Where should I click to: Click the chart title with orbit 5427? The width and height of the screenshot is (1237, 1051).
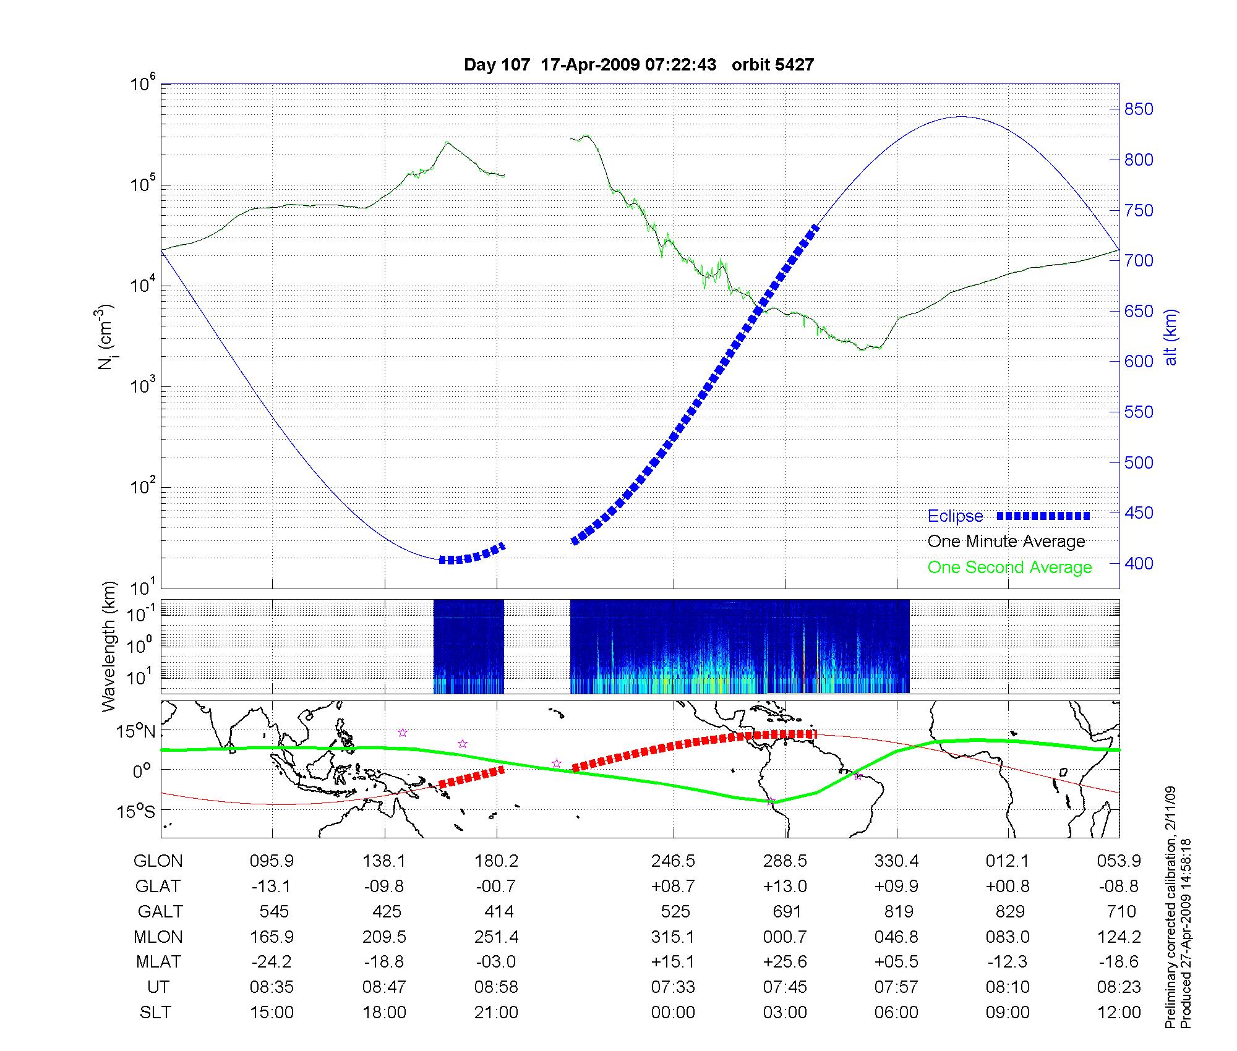pyautogui.click(x=638, y=65)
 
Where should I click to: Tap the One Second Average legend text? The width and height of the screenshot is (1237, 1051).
pyautogui.click(x=1009, y=568)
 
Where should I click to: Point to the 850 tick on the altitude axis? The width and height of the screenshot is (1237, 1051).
pyautogui.click(x=1139, y=109)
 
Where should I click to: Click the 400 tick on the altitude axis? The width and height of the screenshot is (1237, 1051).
pyautogui.click(x=1139, y=563)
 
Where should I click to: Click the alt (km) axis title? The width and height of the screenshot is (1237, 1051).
pyautogui.click(x=1171, y=337)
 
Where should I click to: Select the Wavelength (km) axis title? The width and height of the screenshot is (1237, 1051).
pyautogui.click(x=109, y=646)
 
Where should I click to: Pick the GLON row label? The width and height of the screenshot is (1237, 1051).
pyautogui.click(x=158, y=861)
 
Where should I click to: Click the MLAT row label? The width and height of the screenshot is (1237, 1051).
pyautogui.click(x=158, y=962)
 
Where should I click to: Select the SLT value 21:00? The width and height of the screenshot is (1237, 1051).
pyautogui.click(x=496, y=1013)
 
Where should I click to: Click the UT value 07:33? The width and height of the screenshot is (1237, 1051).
pyautogui.click(x=673, y=987)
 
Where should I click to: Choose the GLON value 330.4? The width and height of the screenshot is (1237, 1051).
pyautogui.click(x=896, y=861)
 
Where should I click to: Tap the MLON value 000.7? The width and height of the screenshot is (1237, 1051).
pyautogui.click(x=785, y=937)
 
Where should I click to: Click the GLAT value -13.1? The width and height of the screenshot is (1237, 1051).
pyautogui.click(x=271, y=886)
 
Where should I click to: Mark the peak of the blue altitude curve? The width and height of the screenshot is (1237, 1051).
pyautogui.click(x=959, y=116)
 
